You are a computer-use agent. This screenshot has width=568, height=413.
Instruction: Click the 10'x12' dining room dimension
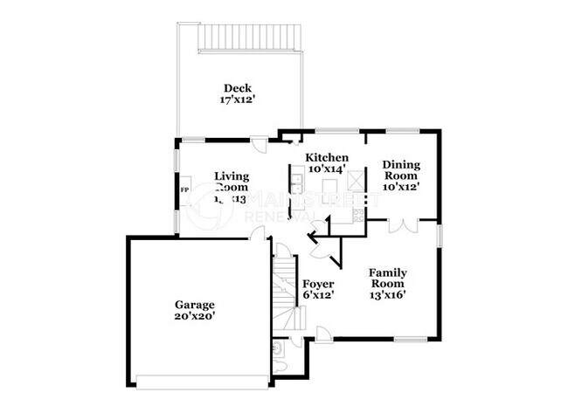pyautogui.click(x=401, y=187)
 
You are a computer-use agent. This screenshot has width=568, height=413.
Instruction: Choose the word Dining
pyautogui.click(x=401, y=164)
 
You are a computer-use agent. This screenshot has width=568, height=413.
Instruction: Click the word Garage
pyautogui.click(x=195, y=305)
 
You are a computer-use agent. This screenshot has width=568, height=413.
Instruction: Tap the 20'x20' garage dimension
pyautogui.click(x=195, y=317)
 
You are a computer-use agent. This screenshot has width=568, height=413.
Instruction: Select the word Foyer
pyautogui.click(x=317, y=284)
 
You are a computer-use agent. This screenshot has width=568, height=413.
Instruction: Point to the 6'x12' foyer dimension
pyautogui.click(x=317, y=296)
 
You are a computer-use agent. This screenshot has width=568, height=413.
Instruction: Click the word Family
pyautogui.click(x=387, y=272)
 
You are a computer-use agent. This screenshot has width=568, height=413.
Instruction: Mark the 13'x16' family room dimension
pyautogui.click(x=387, y=295)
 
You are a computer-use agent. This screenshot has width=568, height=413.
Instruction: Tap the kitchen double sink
pyautogui.click(x=296, y=183)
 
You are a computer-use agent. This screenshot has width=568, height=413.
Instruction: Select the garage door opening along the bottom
pyautogui.click(x=204, y=380)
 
